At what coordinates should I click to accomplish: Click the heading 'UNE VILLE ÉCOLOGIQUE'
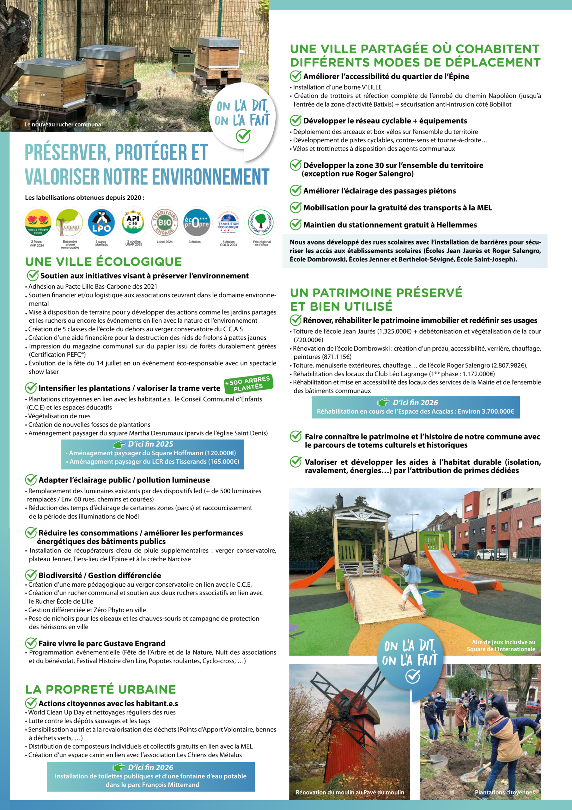click(103, 262)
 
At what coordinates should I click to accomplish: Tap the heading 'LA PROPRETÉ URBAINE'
click(100, 689)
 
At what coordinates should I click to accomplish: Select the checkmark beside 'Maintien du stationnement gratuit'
click(295, 224)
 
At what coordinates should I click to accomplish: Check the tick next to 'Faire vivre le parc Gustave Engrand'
click(31, 643)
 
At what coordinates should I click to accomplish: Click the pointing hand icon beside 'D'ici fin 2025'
click(119, 444)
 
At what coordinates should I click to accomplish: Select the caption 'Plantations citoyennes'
click(504, 792)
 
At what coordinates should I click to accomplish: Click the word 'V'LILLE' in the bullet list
click(372, 87)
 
